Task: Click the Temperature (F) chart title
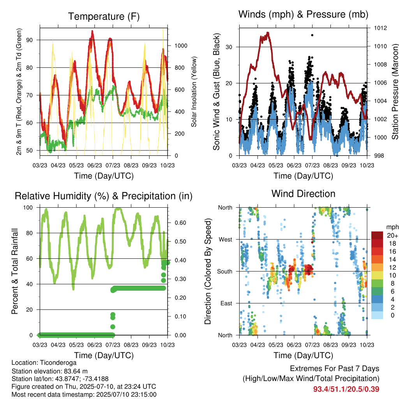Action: [104, 16]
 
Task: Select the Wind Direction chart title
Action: [303, 194]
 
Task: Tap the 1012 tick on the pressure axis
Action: [380, 28]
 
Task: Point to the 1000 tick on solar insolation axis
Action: [181, 46]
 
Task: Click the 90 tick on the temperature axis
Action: [30, 40]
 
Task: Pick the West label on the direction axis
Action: [226, 240]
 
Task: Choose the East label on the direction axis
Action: [226, 303]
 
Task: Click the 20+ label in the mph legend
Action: [392, 235]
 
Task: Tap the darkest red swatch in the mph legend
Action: [377, 235]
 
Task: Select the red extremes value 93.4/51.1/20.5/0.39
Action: [346, 389]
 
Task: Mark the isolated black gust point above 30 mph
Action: [312, 35]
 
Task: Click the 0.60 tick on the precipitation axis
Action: [180, 223]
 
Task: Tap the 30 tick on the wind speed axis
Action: [229, 47]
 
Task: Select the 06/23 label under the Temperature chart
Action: [95, 165]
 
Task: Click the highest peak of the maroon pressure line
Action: [268, 33]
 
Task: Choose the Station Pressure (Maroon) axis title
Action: [395, 92]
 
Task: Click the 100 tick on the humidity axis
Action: [28, 208]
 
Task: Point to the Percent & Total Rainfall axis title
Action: [15, 271]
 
